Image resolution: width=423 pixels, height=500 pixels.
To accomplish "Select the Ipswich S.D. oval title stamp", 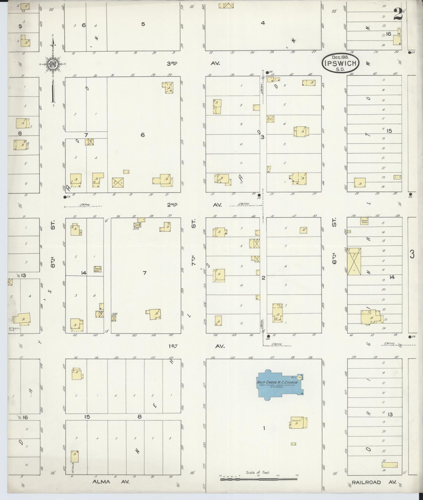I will [x=341, y=63].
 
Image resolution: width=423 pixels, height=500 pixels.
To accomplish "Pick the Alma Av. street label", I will [x=111, y=481].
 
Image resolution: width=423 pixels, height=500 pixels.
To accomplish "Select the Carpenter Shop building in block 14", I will [x=98, y=269].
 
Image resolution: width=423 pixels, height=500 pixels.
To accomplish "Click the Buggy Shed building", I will [x=364, y=222].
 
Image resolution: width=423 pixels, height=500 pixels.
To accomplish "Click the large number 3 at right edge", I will [x=412, y=254].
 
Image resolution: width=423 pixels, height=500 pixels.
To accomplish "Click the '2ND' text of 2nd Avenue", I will [x=172, y=205].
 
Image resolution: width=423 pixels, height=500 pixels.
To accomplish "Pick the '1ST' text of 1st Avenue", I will [x=173, y=346].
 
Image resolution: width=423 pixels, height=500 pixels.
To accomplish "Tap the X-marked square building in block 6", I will [x=118, y=182].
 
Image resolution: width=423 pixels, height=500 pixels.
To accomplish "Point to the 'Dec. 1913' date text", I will [x=341, y=57].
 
